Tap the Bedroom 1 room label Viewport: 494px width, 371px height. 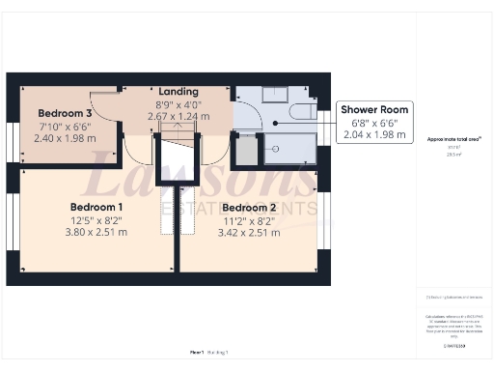pos(96,207)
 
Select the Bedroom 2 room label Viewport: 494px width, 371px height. pos(247,207)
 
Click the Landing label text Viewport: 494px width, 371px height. pos(178,91)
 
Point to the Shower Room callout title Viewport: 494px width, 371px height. pos(374,109)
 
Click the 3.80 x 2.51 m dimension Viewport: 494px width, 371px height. pos(96,232)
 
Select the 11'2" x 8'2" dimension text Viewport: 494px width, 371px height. pos(247,219)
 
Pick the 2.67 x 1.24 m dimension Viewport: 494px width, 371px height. pos(178,116)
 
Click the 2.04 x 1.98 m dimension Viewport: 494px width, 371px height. pos(374,134)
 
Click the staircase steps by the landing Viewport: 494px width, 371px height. pos(178,145)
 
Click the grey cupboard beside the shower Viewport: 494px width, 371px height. pos(246,150)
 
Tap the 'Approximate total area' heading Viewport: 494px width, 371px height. pos(447,139)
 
